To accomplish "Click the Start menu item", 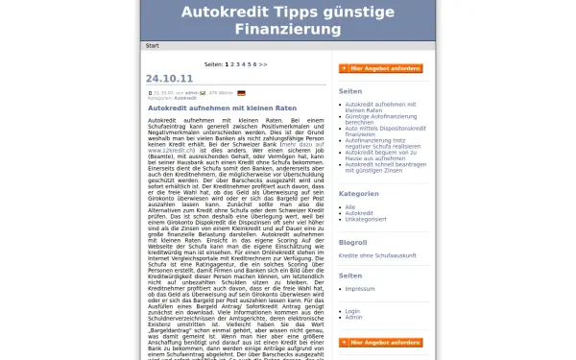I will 152,45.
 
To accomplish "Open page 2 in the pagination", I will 232,64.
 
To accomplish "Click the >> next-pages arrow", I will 262,64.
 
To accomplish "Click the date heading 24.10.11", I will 169,78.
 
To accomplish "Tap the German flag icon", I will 241,92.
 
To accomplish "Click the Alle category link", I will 350,206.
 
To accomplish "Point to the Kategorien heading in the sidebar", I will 359,193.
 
